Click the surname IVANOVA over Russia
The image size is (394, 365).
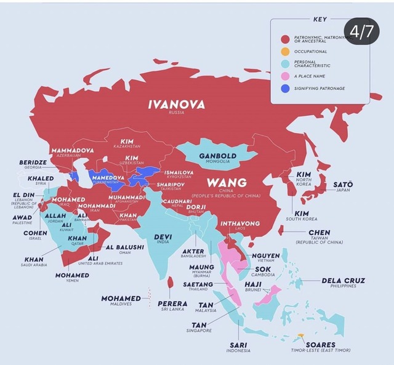coord(176,105)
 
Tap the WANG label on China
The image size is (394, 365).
coord(227,183)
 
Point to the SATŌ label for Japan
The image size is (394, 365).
coord(343,184)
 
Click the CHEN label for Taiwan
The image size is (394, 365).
coord(319,233)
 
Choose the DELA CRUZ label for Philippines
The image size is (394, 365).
coord(344,281)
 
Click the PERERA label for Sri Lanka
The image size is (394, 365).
coord(172,303)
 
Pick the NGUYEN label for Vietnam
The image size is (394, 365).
coord(265,255)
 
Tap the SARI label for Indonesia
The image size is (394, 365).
coord(238,345)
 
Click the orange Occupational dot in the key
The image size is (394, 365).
coord(284,52)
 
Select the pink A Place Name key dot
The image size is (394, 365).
coord(284,76)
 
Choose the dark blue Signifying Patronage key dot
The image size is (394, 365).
coord(284,89)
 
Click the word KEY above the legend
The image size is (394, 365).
coord(320,19)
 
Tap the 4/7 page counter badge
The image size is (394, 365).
coord(361,31)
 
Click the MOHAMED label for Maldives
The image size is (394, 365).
coord(121,299)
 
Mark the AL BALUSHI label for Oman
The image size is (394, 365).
coord(125,247)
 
